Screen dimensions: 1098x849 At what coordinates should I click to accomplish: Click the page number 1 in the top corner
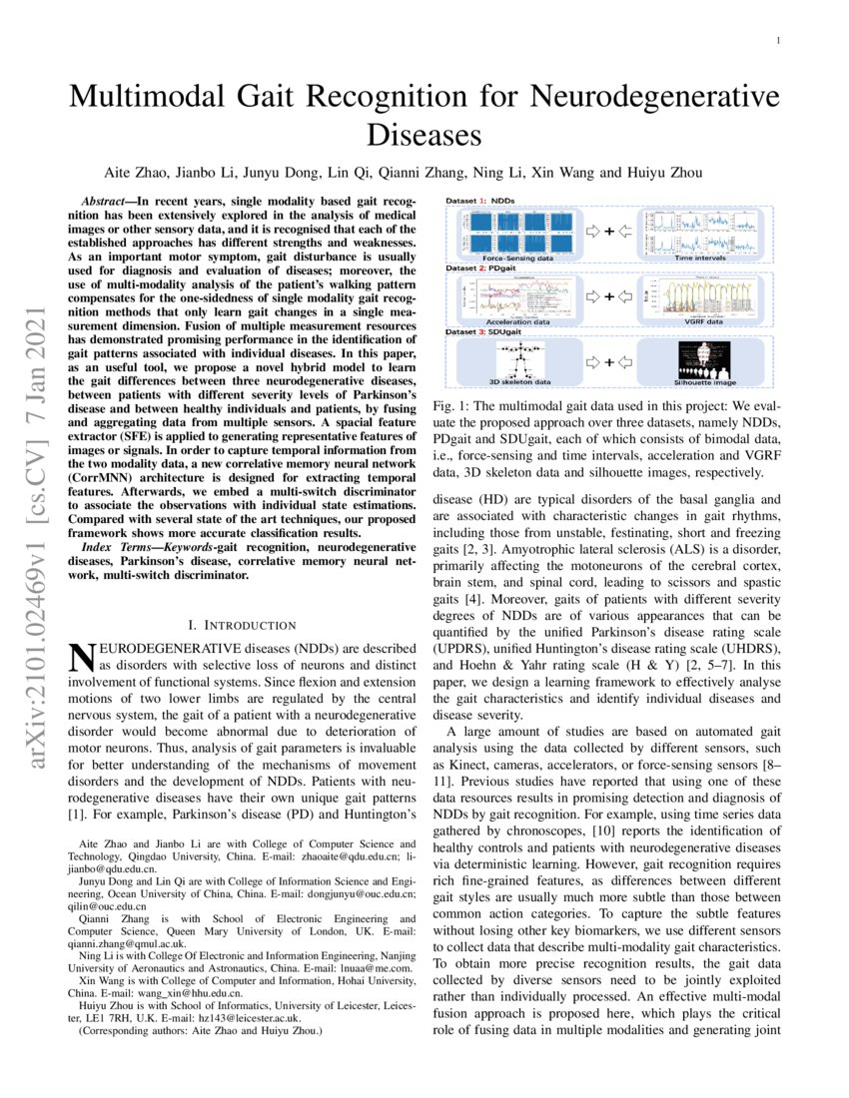tap(776, 41)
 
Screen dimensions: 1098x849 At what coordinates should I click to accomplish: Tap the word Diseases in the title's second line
tap(424, 135)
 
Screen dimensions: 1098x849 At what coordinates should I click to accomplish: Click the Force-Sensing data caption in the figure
tap(517, 258)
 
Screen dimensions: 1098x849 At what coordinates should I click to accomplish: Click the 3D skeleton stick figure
tap(516, 360)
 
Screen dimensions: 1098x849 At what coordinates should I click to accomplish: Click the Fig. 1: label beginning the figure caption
tap(451, 408)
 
